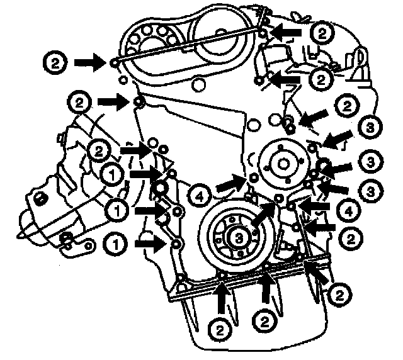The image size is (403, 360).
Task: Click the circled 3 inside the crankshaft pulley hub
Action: pyautogui.click(x=236, y=237)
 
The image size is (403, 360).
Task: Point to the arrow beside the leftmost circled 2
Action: pyautogui.click(x=89, y=62)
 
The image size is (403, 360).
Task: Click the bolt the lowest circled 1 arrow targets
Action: pyautogui.click(x=176, y=244)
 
